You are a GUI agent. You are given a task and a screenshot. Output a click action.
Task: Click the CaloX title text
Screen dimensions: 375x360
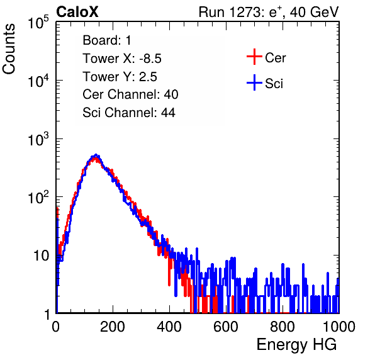coord(77,12)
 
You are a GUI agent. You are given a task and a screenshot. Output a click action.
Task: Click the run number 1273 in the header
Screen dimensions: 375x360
coord(245,12)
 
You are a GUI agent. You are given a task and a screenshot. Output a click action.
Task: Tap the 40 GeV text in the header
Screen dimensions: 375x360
coord(314,12)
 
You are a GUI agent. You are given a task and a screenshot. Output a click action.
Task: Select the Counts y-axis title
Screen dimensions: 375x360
coord(9,48)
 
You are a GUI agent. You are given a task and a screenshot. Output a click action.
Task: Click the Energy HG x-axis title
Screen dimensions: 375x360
coord(296,345)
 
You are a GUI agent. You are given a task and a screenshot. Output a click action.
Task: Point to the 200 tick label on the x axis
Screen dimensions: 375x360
coord(112,326)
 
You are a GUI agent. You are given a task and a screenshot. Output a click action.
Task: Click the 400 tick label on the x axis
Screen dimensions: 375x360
coord(169,326)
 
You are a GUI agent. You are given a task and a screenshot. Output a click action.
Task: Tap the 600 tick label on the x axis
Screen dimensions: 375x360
coord(225,326)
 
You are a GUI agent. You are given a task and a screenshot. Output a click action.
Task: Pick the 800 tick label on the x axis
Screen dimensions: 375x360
coord(283,326)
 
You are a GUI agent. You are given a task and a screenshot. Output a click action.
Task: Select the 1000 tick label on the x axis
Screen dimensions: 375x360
coord(339,326)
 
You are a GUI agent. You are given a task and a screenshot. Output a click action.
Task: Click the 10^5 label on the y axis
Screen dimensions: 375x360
coord(38,22)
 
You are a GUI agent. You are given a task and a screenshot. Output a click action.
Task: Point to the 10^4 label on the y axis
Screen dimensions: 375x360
coord(38,81)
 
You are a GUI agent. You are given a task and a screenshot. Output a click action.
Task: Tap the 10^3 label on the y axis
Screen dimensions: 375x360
coord(38,139)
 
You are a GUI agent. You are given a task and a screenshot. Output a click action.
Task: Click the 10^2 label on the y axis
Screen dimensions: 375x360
coord(38,198)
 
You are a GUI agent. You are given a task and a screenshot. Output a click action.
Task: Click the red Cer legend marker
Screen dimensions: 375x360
coord(254,57)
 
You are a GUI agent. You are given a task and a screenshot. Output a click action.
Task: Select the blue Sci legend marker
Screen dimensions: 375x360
coord(254,82)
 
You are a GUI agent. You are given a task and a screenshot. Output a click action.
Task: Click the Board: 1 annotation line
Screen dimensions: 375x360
coord(107,40)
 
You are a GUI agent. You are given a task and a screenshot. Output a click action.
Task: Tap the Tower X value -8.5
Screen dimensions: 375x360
coord(150,59)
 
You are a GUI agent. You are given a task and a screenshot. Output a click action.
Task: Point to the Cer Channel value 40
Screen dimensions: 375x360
coord(171,94)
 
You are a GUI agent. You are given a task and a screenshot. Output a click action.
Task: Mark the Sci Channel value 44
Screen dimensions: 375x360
coord(168,113)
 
